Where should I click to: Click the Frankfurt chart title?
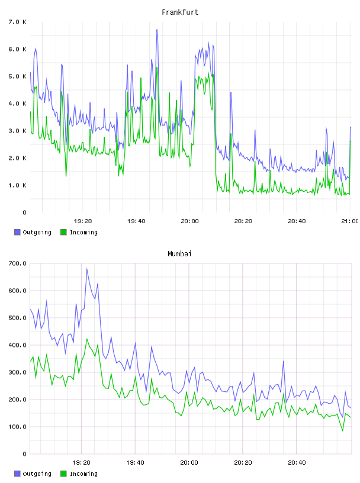180,12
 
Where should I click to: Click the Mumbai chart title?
179,253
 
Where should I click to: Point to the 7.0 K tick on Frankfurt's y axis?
17,22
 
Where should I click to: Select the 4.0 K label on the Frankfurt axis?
17,104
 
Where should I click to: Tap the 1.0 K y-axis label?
17,185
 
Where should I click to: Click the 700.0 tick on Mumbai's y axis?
17,263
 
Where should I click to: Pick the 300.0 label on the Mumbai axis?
17,372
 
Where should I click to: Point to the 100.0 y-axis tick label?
17,427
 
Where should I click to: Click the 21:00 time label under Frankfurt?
350,221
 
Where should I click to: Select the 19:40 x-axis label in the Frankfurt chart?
136,221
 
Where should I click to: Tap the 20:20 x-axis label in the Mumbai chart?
243,462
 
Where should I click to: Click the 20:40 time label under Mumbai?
297,462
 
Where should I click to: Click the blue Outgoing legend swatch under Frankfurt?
17,232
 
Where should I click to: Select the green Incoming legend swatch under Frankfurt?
63,232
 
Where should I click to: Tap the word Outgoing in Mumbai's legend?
37,474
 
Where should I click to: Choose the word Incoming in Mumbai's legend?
83,474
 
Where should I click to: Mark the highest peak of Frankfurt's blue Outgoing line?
157,30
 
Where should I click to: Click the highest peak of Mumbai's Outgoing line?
86,268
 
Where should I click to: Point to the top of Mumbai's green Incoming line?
86,339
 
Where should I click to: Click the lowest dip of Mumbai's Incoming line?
343,431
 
